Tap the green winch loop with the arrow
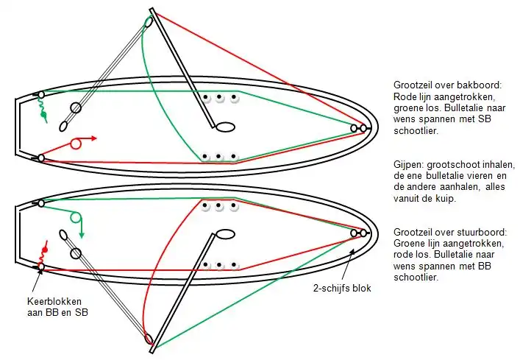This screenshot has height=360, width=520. (x=75, y=218)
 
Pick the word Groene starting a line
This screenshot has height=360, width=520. (x=409, y=244)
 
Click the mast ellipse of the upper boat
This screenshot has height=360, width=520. (x=226, y=127)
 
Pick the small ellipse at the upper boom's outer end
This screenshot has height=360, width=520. (x=149, y=22)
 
